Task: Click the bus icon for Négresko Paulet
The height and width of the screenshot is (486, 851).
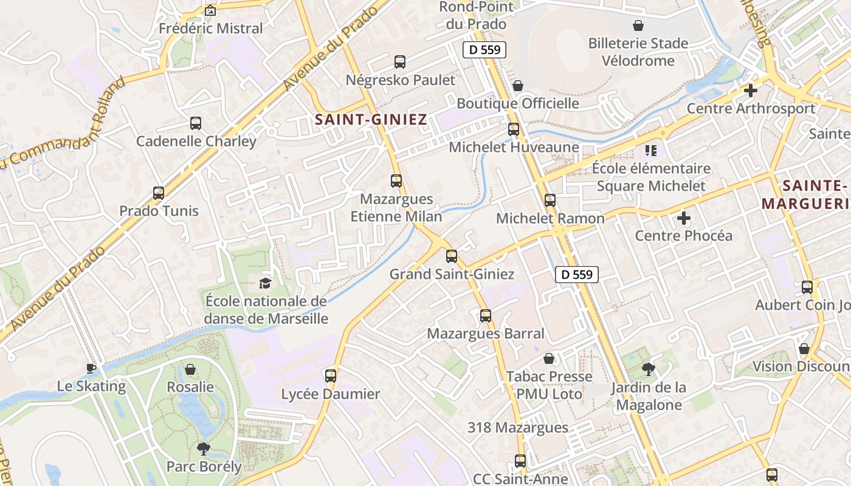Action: (x=400, y=61)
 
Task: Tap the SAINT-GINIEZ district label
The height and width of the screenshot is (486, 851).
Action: (x=371, y=120)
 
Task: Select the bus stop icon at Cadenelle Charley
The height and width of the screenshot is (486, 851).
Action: (x=196, y=123)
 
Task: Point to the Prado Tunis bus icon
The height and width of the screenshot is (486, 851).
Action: (x=159, y=193)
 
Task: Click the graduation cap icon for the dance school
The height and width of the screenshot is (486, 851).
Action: (x=265, y=283)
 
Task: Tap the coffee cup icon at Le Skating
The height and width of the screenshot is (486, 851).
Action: (x=91, y=368)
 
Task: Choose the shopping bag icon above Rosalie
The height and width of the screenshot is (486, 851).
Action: (x=190, y=369)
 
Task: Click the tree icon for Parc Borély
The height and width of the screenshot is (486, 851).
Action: (x=203, y=449)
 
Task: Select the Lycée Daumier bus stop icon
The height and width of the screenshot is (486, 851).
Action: (x=331, y=376)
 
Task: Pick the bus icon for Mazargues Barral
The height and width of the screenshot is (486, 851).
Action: (x=486, y=316)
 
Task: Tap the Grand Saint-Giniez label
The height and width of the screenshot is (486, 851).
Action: (x=452, y=274)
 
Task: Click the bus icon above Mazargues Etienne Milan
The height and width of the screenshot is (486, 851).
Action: (x=396, y=181)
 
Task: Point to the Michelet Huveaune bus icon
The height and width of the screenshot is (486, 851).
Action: (x=514, y=129)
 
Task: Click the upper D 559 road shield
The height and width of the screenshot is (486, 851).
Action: (x=484, y=50)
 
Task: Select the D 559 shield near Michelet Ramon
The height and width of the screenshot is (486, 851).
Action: (x=577, y=275)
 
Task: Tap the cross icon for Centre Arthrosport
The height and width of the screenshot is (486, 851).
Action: (x=751, y=91)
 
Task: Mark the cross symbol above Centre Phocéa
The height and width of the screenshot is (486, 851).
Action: (x=684, y=217)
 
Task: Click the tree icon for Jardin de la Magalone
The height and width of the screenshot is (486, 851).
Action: (x=649, y=369)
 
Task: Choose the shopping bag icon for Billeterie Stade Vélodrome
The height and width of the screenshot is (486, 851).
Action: (x=638, y=26)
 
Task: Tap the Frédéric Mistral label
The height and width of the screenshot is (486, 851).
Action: (x=211, y=28)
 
